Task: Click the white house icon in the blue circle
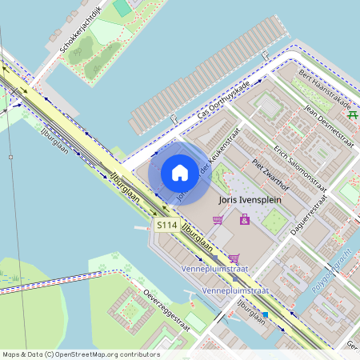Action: point(180,172)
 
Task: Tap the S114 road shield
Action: point(166,226)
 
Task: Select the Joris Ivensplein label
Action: point(248,202)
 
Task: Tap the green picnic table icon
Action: point(352,114)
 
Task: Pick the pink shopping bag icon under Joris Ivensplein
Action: point(244,218)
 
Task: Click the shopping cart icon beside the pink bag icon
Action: point(218,219)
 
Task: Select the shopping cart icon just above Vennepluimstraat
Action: point(234,258)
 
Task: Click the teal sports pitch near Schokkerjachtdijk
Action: point(122,7)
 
